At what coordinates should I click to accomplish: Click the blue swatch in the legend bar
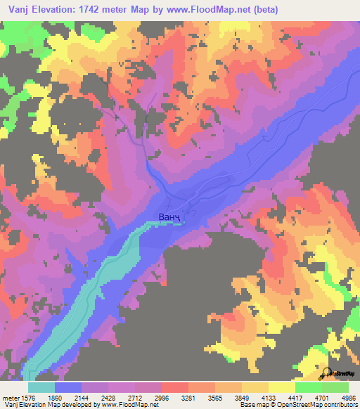[x=68, y=387]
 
